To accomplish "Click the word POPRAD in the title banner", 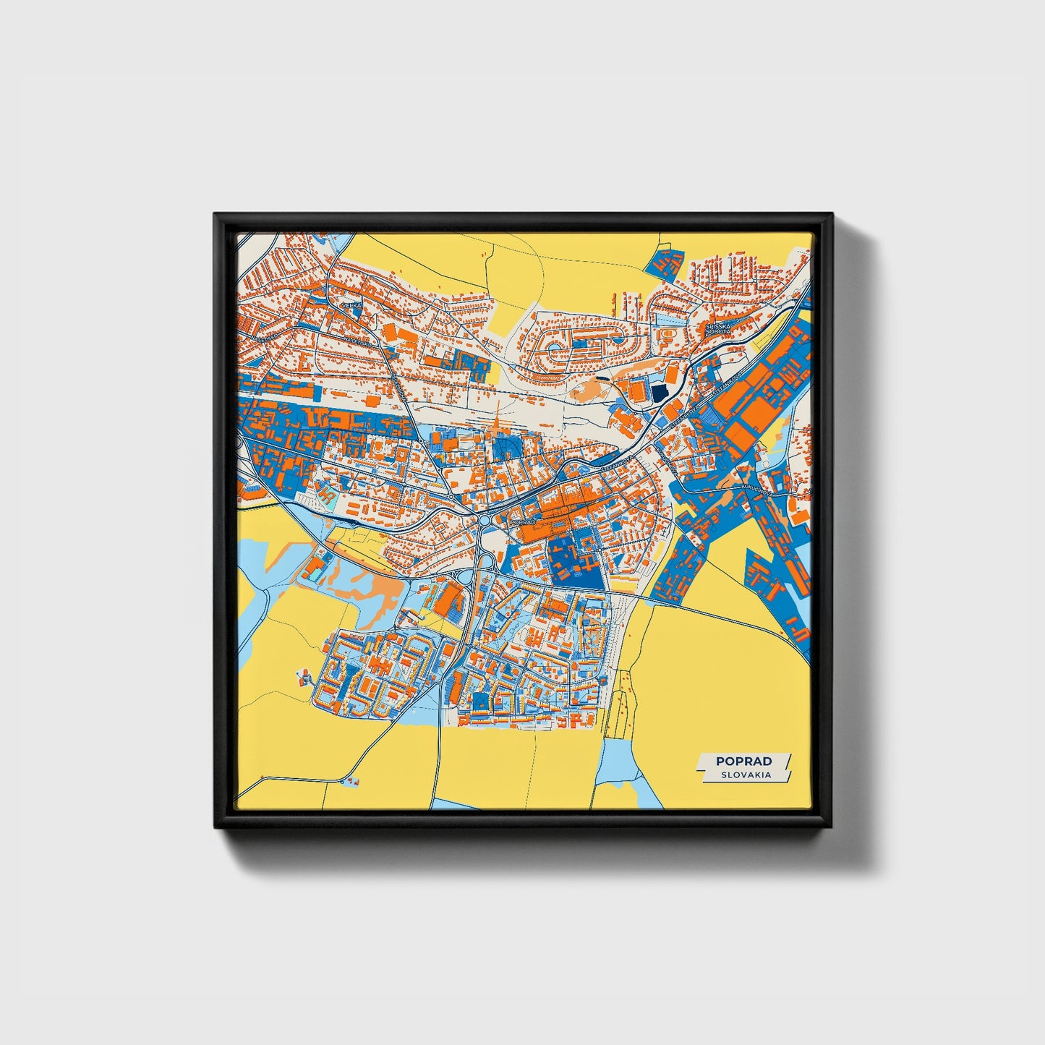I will click(x=743, y=761).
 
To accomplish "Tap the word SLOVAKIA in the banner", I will click(x=745, y=775).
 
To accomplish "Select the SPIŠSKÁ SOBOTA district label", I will click(x=718, y=329).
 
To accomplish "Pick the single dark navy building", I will click(x=660, y=393).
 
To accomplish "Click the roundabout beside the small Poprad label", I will click(x=485, y=521).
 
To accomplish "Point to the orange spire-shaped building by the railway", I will click(x=498, y=425).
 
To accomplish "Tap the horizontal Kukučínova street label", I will click(x=756, y=491).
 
